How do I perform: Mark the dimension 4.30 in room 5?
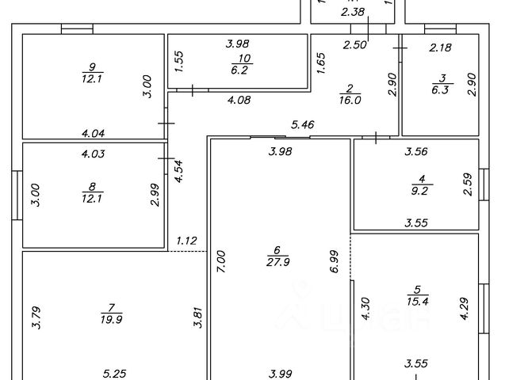pyautogui.click(x=365, y=308)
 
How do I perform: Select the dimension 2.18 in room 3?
pyautogui.click(x=440, y=48)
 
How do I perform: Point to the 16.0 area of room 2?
pyautogui.click(x=350, y=101)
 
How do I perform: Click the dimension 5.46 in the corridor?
pyautogui.click(x=302, y=124)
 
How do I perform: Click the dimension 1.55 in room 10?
pyautogui.click(x=179, y=63)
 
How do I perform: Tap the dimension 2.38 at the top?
pyautogui.click(x=351, y=12)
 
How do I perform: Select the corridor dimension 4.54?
pyautogui.click(x=178, y=172)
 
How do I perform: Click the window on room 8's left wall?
pyautogui.click(x=19, y=194)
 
